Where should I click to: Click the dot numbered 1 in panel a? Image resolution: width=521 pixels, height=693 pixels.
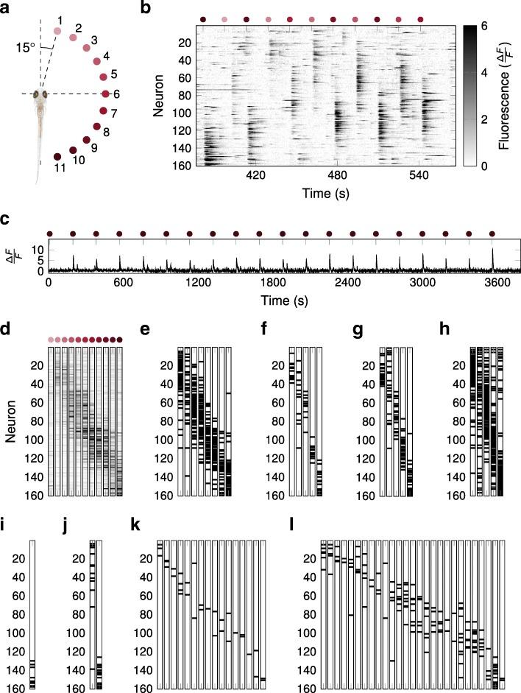tap(57, 31)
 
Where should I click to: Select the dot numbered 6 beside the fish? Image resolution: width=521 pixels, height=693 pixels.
tap(107, 94)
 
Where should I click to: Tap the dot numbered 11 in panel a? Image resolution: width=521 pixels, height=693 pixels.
tap(57, 157)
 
